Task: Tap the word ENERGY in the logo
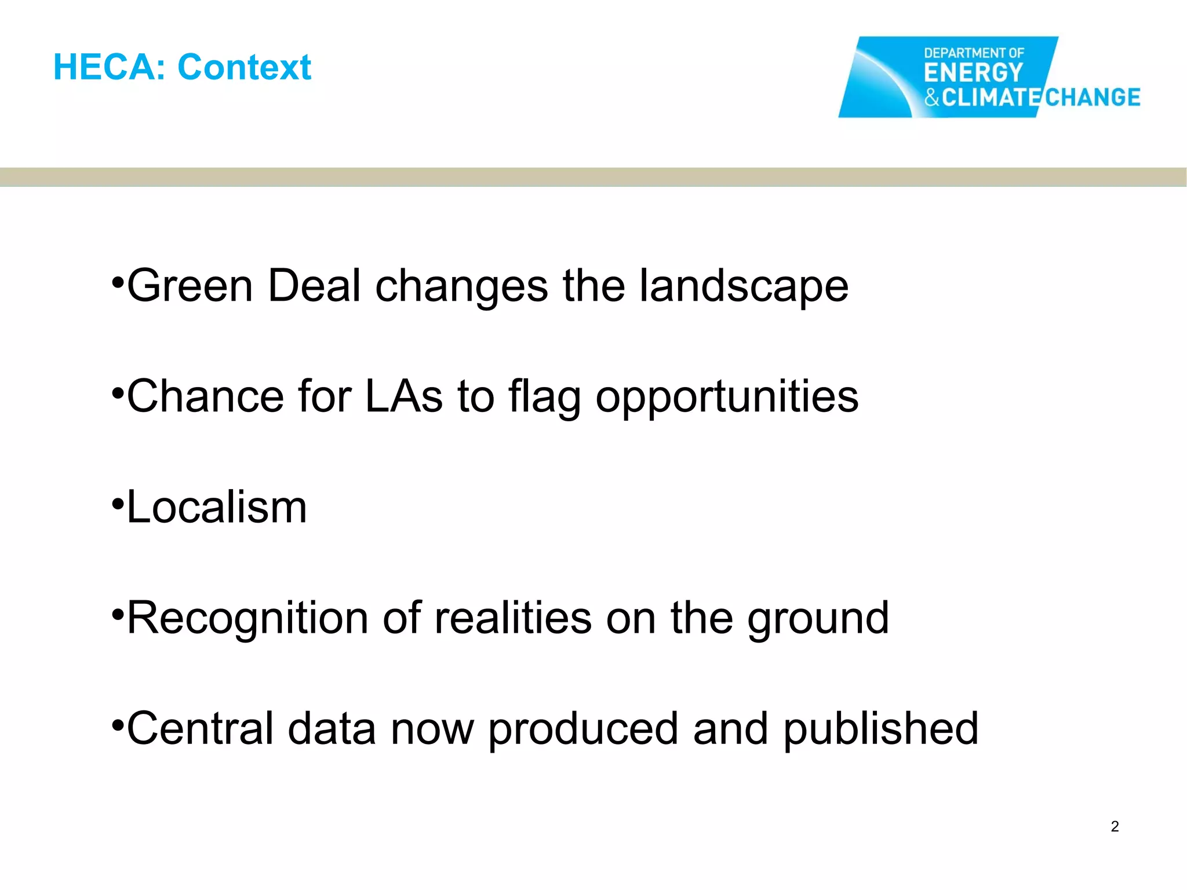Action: pyautogui.click(x=973, y=74)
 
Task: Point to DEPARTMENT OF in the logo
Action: pyautogui.click(x=974, y=53)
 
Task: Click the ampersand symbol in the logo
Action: pyautogui.click(x=931, y=97)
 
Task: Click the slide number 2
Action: pyautogui.click(x=1115, y=826)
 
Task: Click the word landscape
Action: pyautogui.click(x=744, y=286)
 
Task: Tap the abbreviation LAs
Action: pyautogui.click(x=404, y=396)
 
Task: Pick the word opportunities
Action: pyautogui.click(x=727, y=396)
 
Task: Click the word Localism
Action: pyautogui.click(x=216, y=507)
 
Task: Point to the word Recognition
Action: pyautogui.click(x=247, y=618)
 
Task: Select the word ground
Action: pyautogui.click(x=818, y=618)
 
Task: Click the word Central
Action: pyautogui.click(x=200, y=728)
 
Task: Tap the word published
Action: pyautogui.click(x=881, y=728)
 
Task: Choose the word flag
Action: pyautogui.click(x=545, y=396)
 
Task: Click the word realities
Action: pyautogui.click(x=513, y=618)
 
